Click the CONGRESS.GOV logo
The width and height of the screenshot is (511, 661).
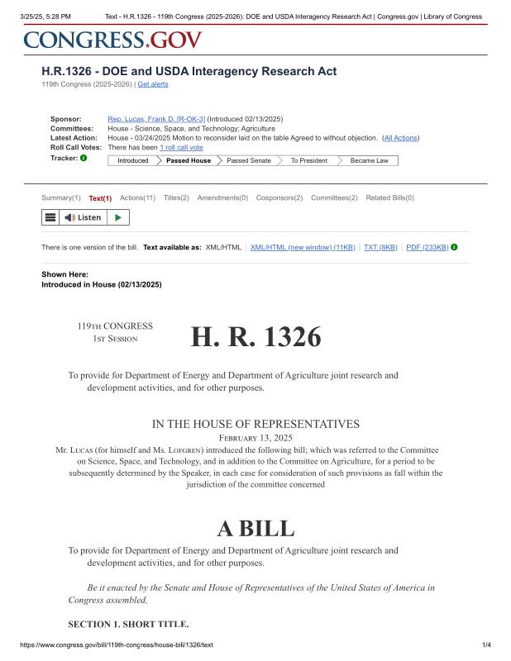pos(112,40)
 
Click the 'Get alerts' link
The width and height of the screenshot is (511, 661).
pos(152,84)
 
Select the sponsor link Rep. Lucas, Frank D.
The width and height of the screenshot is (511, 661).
pos(156,119)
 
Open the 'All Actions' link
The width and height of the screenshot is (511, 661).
pos(400,137)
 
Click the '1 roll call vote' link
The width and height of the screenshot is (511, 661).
pos(181,147)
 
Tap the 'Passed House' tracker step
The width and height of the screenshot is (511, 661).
pos(189,160)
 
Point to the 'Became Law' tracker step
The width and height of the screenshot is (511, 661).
pos(369,160)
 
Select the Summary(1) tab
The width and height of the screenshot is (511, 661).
pos(61,198)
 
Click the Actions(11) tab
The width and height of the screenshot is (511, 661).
pos(137,198)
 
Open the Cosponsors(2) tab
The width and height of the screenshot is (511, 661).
pos(279,198)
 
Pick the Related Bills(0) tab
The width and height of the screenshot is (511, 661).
pos(390,198)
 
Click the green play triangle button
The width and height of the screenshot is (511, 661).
pos(118,217)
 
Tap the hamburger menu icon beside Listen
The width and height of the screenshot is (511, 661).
pos(50,217)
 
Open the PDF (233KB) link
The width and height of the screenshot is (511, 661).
pos(427,247)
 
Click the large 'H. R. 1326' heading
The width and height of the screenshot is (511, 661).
pos(255,336)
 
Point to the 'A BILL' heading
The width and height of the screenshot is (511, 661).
pos(255,528)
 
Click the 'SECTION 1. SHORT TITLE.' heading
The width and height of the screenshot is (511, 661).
pos(128,623)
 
